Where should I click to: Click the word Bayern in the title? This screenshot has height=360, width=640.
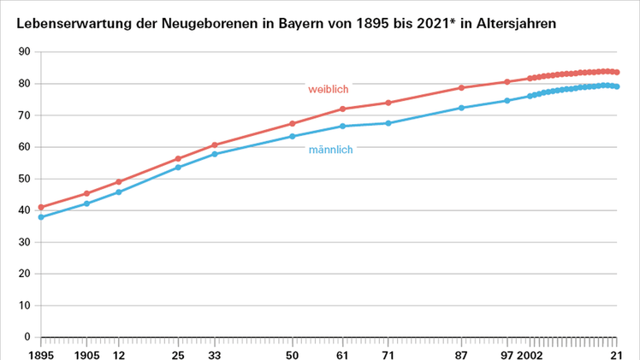(x=303, y=23)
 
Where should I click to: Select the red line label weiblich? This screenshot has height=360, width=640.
(x=329, y=89)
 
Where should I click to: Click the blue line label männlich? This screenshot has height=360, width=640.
(x=330, y=150)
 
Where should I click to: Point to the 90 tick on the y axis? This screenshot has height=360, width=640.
(x=25, y=52)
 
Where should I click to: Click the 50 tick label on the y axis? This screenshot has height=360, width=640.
(x=25, y=179)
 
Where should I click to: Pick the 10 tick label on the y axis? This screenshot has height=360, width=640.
(x=25, y=305)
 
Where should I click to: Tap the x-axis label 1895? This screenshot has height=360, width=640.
(x=40, y=352)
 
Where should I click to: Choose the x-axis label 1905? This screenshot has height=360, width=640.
(x=86, y=352)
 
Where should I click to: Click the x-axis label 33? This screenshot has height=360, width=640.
(x=215, y=352)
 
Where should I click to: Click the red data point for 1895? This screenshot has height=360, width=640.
(x=41, y=207)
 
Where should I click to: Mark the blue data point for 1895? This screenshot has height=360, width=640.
(x=41, y=217)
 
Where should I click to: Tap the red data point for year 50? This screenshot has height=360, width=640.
(x=293, y=124)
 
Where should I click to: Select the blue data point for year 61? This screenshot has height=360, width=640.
(x=342, y=127)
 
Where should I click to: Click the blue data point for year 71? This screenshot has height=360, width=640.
(x=388, y=123)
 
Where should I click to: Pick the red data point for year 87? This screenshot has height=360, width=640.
(x=462, y=88)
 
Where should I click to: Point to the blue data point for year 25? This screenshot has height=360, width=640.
(x=178, y=168)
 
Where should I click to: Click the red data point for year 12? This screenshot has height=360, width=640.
(x=119, y=182)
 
